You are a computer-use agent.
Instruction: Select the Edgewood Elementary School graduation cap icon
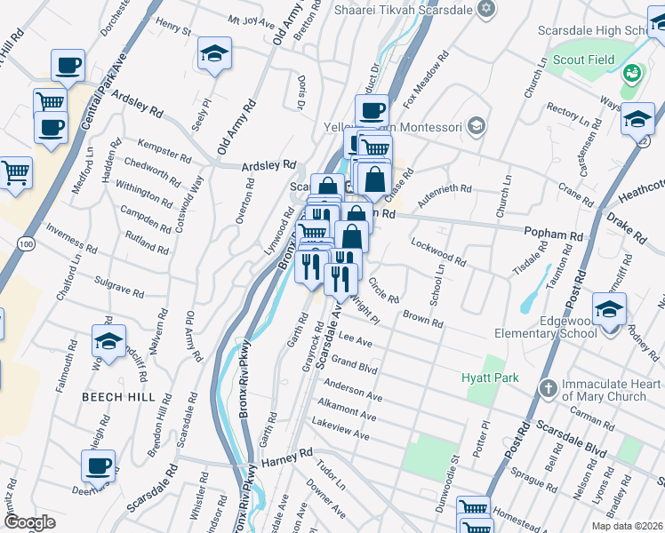click(610, 311)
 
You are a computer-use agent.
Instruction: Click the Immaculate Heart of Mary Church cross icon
click(549, 388)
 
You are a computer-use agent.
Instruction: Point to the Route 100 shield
click(26, 243)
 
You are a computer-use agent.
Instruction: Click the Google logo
click(29, 522)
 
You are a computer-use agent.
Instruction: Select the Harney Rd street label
click(287, 453)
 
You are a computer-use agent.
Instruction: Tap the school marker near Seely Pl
click(214, 53)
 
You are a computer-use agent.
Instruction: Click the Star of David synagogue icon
click(484, 9)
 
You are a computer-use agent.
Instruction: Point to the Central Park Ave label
click(105, 90)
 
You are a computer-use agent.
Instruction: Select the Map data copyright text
click(627, 525)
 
